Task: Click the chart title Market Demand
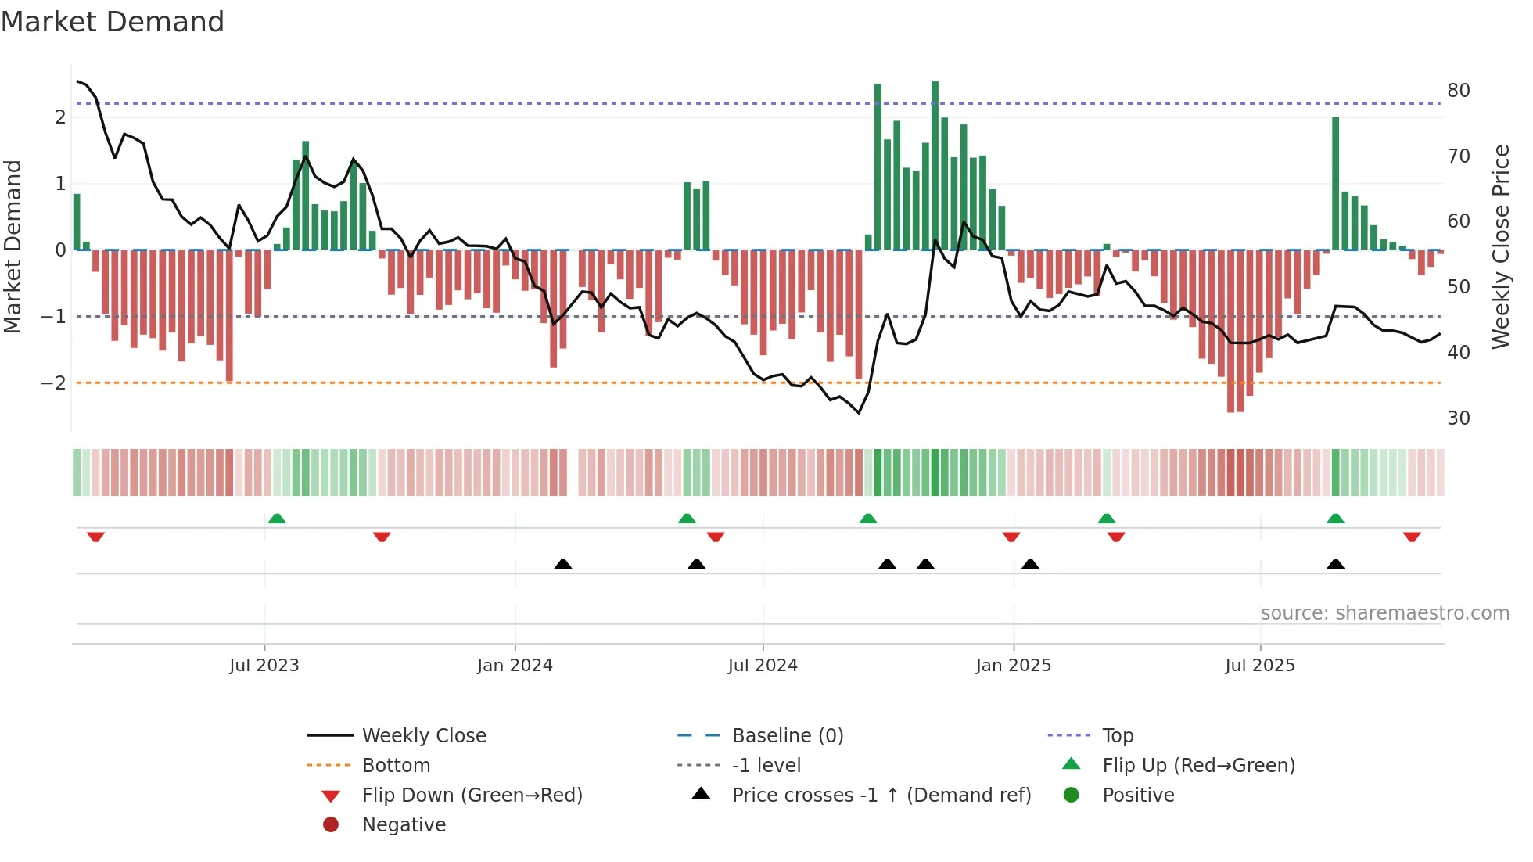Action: click(113, 22)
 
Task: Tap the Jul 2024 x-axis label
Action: click(763, 666)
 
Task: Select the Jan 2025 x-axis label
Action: click(1013, 666)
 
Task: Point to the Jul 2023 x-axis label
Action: click(264, 666)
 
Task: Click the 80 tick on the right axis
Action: click(1458, 91)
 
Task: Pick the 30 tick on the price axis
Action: click(1458, 418)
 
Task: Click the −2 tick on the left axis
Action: click(53, 383)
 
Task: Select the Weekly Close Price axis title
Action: click(1500, 246)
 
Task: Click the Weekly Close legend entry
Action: click(423, 736)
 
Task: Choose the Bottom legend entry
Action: click(396, 766)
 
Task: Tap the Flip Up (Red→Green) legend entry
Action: click(1198, 766)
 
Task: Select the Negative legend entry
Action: click(404, 825)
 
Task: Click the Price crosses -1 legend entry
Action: click(881, 796)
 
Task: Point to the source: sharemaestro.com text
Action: click(1384, 613)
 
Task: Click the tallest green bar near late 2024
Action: click(935, 164)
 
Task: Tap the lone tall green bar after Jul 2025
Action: click(1336, 184)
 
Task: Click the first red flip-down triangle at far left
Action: click(95, 537)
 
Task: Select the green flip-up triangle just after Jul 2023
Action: click(277, 519)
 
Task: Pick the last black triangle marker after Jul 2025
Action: click(1336, 564)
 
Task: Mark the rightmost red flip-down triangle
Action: click(1412, 537)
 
